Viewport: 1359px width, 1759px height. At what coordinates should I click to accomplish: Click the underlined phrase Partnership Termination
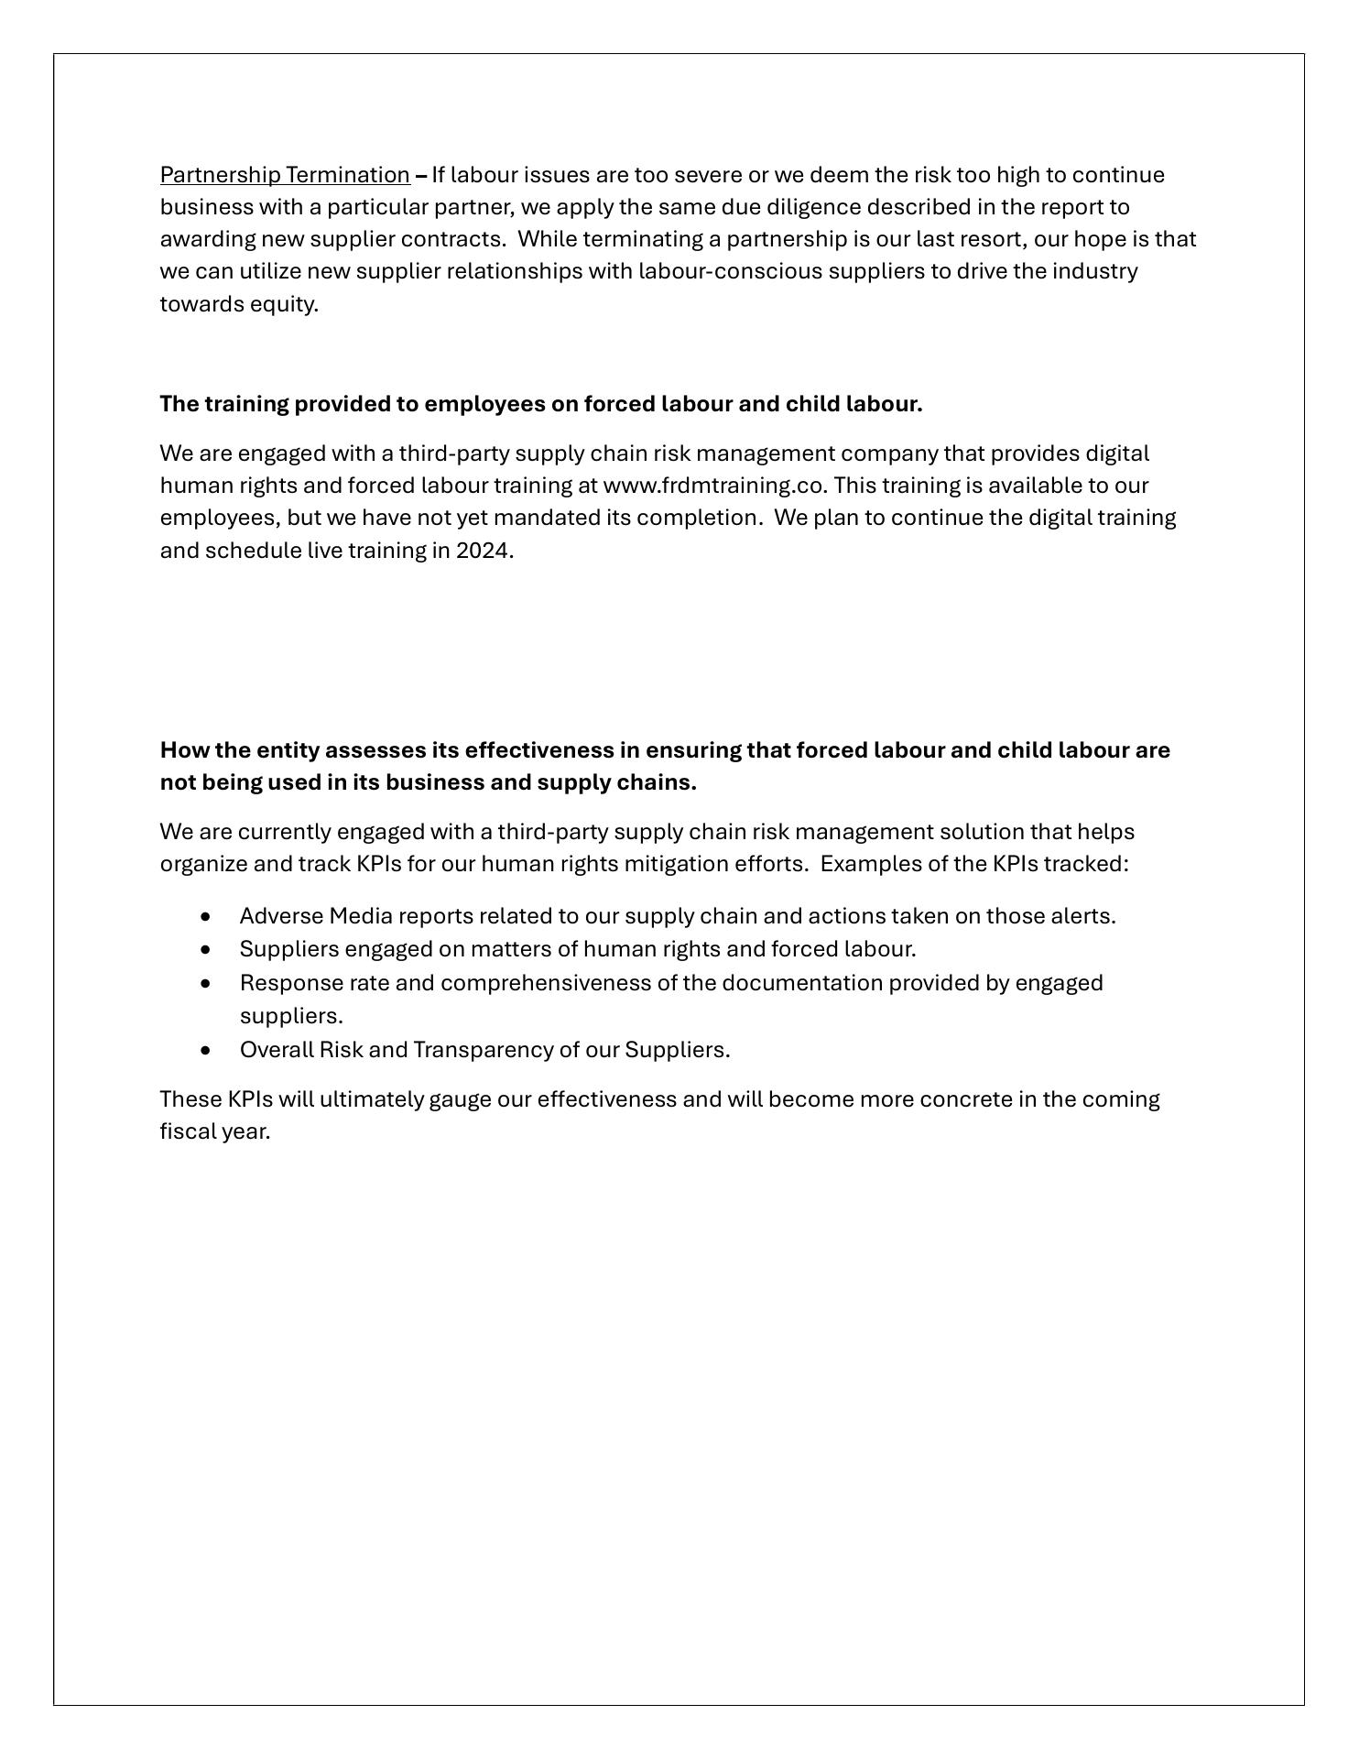(x=285, y=175)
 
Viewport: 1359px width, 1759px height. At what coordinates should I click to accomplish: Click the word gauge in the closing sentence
(x=460, y=1099)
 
